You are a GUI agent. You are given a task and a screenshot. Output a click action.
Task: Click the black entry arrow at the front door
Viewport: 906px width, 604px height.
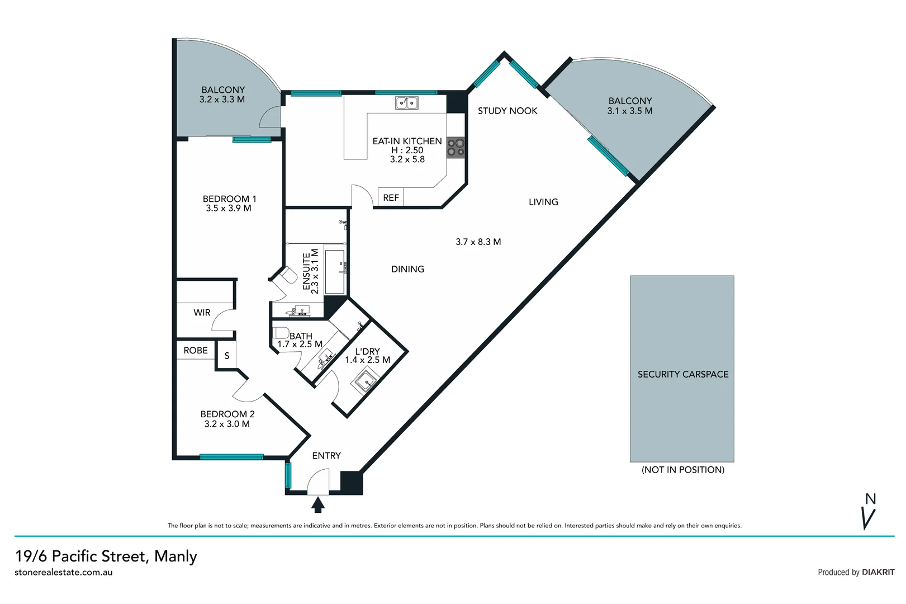pos(318,505)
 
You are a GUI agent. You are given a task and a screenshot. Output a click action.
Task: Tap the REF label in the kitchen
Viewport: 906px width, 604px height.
pos(391,198)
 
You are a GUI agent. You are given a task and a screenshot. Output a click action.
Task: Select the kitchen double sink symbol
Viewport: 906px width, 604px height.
pos(406,103)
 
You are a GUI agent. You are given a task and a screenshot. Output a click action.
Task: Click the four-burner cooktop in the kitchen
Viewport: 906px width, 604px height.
pos(456,148)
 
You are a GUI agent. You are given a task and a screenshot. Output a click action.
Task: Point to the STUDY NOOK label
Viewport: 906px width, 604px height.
pos(507,111)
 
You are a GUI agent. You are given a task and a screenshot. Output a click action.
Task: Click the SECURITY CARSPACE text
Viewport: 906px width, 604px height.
pos(682,374)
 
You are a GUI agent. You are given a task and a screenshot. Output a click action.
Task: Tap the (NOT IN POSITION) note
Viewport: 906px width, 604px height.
pos(682,470)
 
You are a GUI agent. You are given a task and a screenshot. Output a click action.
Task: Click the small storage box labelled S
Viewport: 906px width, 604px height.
pos(227,356)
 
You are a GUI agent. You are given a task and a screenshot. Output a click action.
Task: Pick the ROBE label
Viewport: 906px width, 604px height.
pos(196,350)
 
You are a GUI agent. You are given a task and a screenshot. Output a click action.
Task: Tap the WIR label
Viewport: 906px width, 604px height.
pos(202,313)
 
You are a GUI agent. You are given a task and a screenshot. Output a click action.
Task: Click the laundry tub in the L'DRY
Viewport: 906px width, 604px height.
pos(365,383)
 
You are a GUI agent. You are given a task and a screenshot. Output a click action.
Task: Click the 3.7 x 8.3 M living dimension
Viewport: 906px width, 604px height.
pos(478,242)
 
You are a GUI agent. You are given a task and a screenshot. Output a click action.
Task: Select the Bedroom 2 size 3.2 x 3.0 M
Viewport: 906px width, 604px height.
pos(227,424)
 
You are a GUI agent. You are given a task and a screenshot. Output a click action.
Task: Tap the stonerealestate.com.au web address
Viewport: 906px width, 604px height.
pos(64,572)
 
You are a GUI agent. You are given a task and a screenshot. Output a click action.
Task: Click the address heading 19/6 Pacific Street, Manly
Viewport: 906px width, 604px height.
pos(106,556)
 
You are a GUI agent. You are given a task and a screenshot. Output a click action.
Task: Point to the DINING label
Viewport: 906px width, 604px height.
pos(407,269)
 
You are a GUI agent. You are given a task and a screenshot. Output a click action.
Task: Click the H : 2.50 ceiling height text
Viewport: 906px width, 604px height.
pos(407,150)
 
